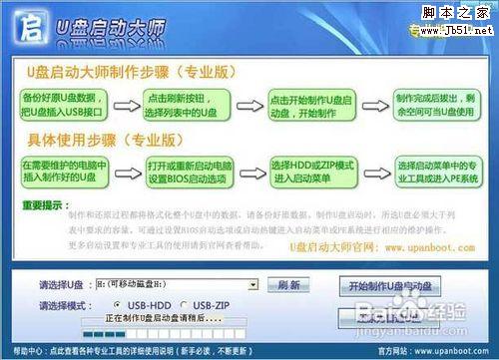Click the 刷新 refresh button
[289, 284]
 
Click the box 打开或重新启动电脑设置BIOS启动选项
[184, 171]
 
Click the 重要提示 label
[43, 204]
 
